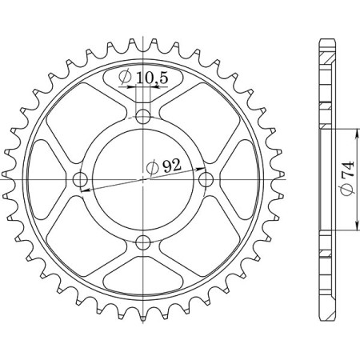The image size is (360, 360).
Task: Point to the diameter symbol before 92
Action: pyautogui.click(x=153, y=168)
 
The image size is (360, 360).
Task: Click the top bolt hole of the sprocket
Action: pyautogui.click(x=143, y=117)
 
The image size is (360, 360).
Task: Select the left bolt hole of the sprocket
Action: pyautogui.click(x=80, y=179)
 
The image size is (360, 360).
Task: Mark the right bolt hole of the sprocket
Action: pyautogui.click(x=206, y=179)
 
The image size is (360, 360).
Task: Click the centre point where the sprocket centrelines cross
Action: pyautogui.click(x=143, y=179)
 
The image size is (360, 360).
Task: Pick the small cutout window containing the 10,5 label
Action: pyautogui.click(x=143, y=82)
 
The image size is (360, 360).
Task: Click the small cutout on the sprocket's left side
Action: pyautogui.click(x=47, y=179)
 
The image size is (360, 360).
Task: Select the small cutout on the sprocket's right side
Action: pyautogui.click(x=238, y=179)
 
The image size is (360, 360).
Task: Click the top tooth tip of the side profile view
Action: pyautogui.click(x=326, y=40)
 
